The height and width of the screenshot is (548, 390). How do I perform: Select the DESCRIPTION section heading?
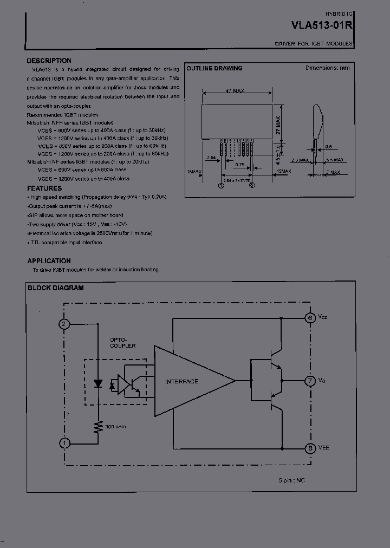pyautogui.click(x=49, y=61)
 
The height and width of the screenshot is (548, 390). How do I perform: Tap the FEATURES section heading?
pyautogui.click(x=44, y=188)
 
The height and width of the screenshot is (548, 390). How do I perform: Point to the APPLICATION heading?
pyautogui.click(x=49, y=260)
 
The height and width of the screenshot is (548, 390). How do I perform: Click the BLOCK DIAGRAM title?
pyautogui.click(x=56, y=288)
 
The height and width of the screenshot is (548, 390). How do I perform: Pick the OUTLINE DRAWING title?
pyautogui.click(x=214, y=69)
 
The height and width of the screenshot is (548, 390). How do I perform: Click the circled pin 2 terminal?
pyautogui.click(x=64, y=324)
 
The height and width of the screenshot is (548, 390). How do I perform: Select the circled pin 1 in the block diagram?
pyautogui.click(x=64, y=443)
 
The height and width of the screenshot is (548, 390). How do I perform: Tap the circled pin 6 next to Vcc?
pyautogui.click(x=310, y=318)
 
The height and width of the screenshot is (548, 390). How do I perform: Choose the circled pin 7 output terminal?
pyautogui.click(x=310, y=381)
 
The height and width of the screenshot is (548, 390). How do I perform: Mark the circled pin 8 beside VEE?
pyautogui.click(x=310, y=448)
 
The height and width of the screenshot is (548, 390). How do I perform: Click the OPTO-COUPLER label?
pyautogui.click(x=123, y=342)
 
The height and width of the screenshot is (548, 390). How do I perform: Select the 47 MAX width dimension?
pyautogui.click(x=235, y=90)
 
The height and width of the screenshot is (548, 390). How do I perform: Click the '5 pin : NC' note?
pyautogui.click(x=292, y=480)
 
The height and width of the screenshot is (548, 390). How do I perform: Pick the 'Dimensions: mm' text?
pyautogui.click(x=328, y=68)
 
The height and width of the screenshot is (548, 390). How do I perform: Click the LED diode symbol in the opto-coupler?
pyautogui.click(x=98, y=383)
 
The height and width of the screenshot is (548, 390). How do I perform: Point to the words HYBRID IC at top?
pyautogui.click(x=339, y=12)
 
